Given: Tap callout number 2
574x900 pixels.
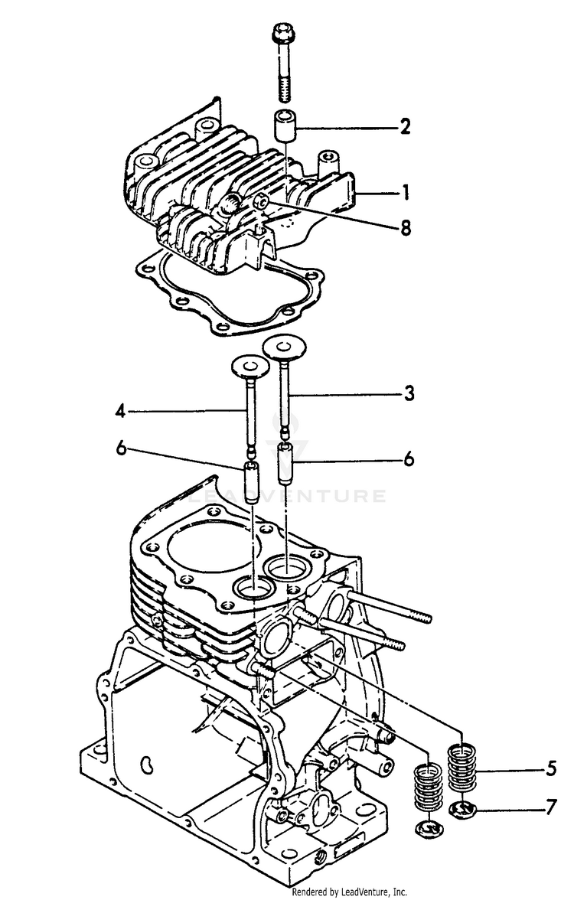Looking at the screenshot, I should [x=405, y=127].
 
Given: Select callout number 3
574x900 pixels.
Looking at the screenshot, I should [x=409, y=393].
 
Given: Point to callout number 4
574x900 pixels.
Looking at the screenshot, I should [x=120, y=411].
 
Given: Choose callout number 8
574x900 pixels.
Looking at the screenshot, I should [x=405, y=227].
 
